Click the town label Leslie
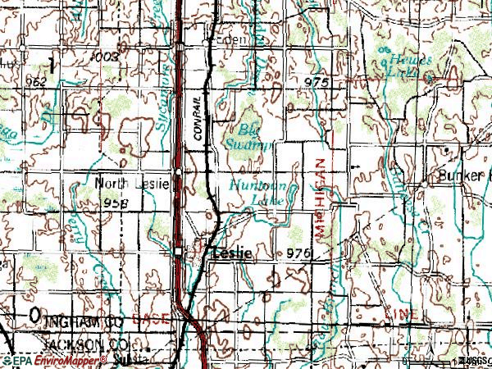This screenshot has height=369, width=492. click(230, 254)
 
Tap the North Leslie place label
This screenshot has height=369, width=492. click(131, 184)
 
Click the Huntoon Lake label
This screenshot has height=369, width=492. click(257, 192)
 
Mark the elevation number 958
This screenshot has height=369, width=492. click(117, 202)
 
